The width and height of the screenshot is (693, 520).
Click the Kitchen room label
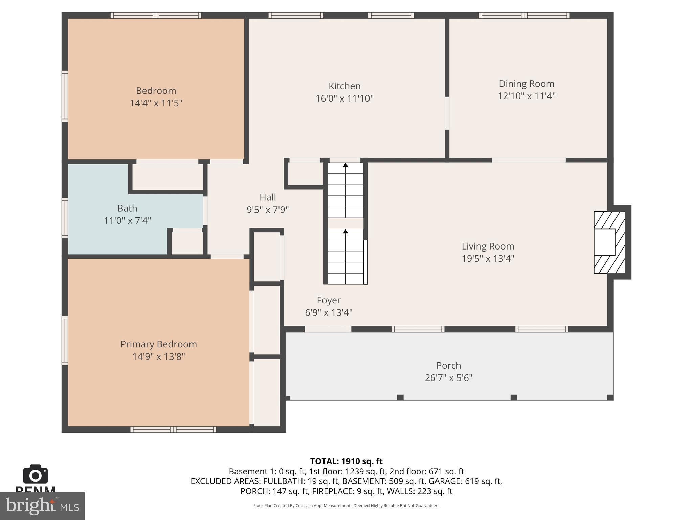[344, 86]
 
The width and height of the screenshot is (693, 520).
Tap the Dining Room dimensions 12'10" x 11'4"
[526, 96]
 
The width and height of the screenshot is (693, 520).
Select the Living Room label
[488, 246]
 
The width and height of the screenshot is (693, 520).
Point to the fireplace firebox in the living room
[605, 242]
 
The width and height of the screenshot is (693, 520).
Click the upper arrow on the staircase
[345, 165]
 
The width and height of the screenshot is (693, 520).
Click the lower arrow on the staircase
[345, 232]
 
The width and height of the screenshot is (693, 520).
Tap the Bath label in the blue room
[127, 208]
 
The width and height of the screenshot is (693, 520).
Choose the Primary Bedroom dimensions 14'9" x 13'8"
[158, 356]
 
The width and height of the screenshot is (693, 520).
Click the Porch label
[448, 366]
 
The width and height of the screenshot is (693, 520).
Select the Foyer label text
[329, 300]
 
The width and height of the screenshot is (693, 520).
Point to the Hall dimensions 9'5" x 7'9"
[267, 210]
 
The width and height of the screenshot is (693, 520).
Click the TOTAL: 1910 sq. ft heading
[346, 461]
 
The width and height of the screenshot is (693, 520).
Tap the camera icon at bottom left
[35, 475]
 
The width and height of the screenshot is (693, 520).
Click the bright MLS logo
[42, 506]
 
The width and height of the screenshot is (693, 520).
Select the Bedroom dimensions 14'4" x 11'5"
[156, 103]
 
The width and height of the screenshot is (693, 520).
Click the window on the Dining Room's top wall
[524, 15]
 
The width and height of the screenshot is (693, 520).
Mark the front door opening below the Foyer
[328, 329]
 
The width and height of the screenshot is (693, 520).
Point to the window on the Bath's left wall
[65, 218]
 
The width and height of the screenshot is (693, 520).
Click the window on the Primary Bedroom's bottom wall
[173, 430]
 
